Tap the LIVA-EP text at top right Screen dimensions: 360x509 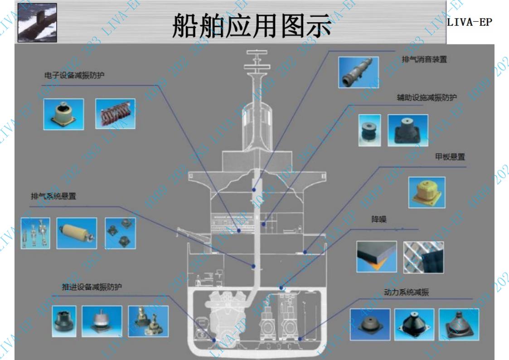click(469, 23)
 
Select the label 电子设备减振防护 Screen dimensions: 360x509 click(71, 75)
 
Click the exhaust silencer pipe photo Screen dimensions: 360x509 click(358, 72)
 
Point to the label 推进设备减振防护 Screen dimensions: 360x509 click(89, 287)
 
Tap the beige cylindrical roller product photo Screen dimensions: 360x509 click(76, 233)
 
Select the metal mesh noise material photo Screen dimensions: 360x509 click(423, 257)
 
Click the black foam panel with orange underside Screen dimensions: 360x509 click(376, 256)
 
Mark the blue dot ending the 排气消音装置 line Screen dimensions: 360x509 click(254, 189)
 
